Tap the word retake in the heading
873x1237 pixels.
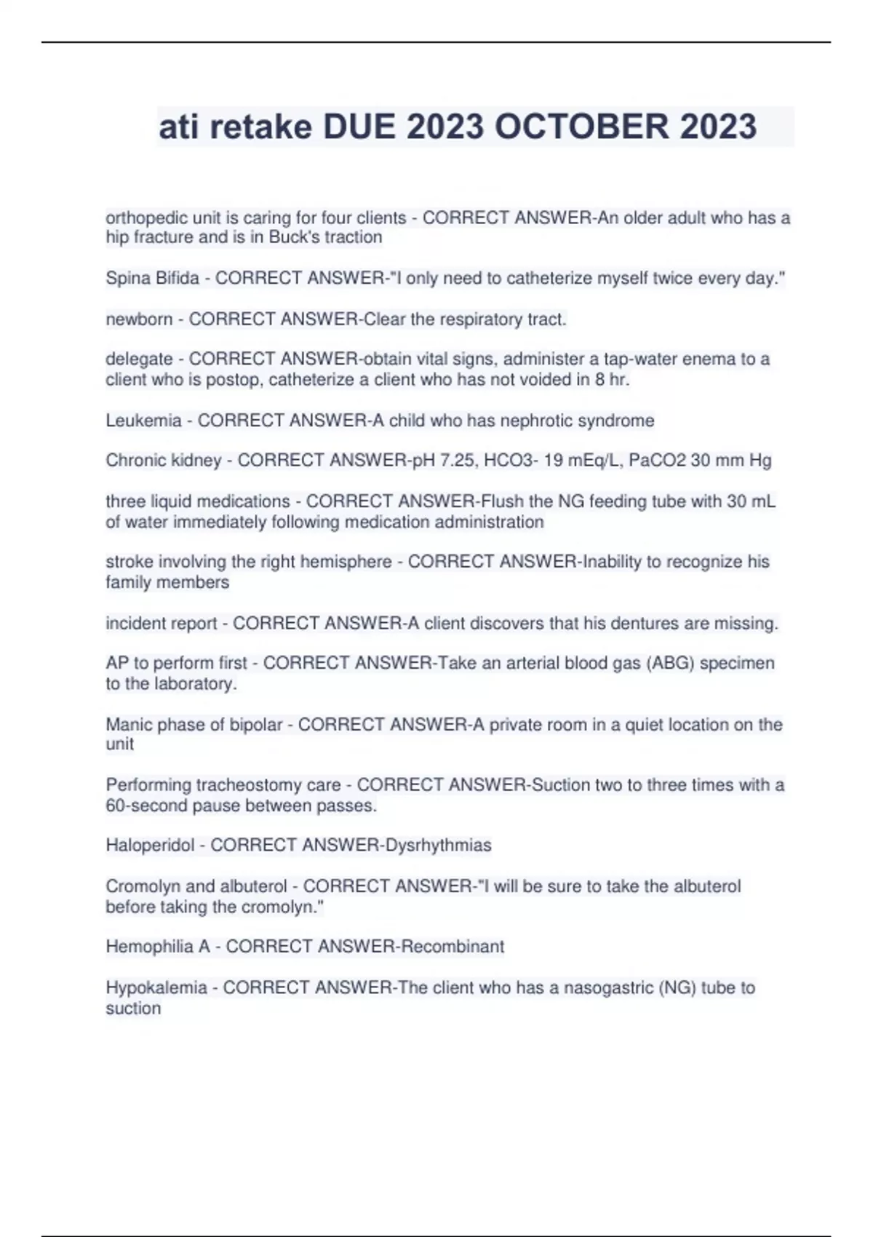click(261, 127)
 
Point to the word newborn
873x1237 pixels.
click(139, 319)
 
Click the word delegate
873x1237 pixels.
click(139, 359)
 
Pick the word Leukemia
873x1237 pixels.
click(143, 421)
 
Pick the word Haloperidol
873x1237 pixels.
click(150, 846)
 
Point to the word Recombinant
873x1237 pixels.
click(453, 947)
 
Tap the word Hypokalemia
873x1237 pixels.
click(156, 988)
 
